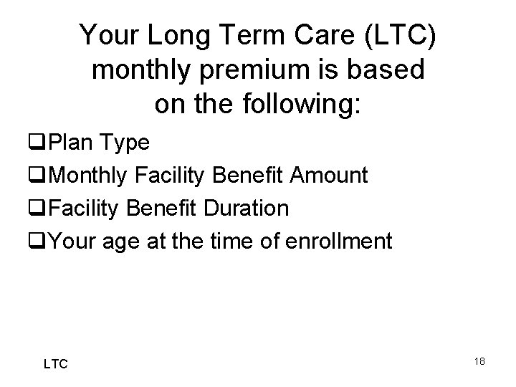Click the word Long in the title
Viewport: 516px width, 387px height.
coord(168,34)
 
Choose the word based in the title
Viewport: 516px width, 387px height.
coord(388,70)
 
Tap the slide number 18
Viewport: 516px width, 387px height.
coord(479,361)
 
